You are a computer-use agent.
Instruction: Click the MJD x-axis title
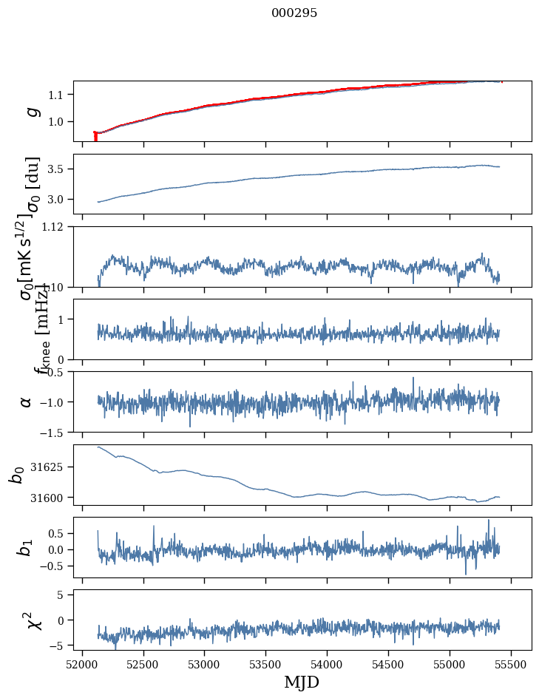[x=302, y=682]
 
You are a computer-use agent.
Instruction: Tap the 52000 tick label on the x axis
[x=82, y=663]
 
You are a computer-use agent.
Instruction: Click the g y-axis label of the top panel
[x=31, y=111]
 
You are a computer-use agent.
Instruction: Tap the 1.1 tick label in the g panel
[x=59, y=95]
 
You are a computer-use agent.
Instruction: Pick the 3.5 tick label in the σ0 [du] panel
[x=59, y=169]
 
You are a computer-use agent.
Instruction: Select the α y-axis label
[x=27, y=401]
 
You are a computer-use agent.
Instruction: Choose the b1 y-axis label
[x=27, y=547]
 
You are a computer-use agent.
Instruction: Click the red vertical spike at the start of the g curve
[x=95, y=137]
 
